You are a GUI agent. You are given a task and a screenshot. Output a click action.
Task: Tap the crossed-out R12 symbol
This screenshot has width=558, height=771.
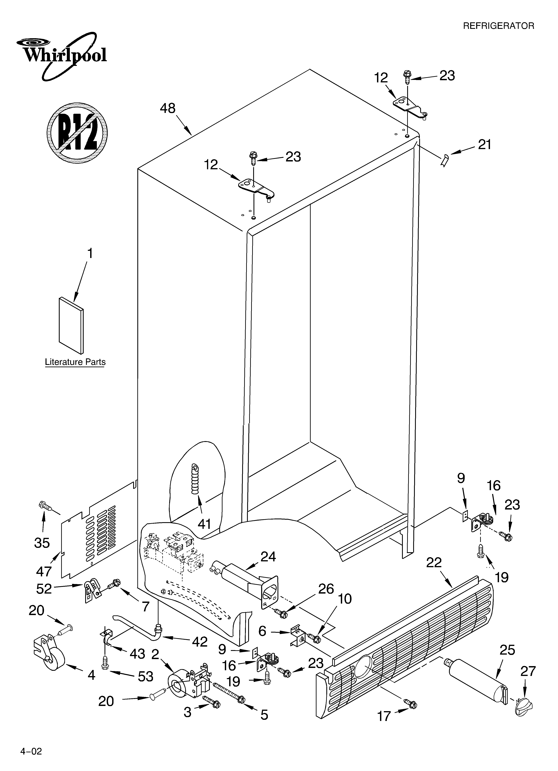[77, 133]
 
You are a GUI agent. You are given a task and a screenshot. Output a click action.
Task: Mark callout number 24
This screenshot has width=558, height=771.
[268, 557]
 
